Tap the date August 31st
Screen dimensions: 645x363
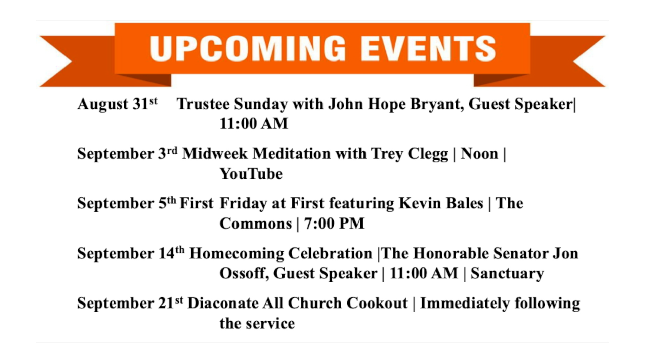pos(117,104)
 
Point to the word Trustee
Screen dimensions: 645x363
pos(203,104)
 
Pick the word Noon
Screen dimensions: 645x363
pos(479,154)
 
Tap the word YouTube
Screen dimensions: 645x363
pos(251,174)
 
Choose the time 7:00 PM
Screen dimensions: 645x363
pos(334,224)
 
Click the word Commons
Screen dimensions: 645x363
pos(256,224)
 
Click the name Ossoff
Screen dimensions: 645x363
pos(244,273)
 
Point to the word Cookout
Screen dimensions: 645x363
pos(377,303)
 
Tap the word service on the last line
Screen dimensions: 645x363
pos(270,323)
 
